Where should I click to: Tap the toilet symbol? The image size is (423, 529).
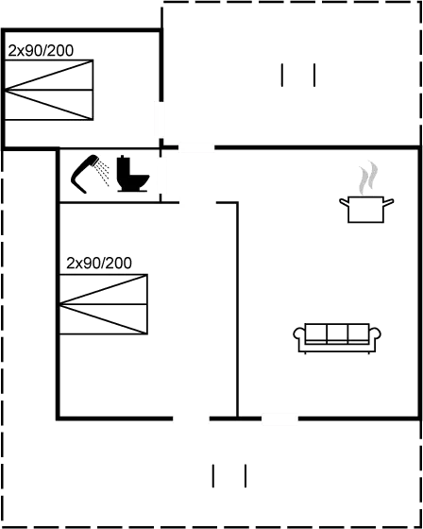click(132, 174)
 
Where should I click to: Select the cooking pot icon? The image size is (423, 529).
click(366, 209)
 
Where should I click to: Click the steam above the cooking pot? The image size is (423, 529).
click(368, 178)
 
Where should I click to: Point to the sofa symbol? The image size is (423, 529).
click(337, 338)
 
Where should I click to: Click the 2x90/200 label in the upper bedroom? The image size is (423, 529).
click(41, 51)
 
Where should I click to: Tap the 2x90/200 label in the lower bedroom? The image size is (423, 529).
click(99, 264)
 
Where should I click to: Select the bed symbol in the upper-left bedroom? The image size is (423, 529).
click(49, 90)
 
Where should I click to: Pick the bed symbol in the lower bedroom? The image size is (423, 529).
click(104, 304)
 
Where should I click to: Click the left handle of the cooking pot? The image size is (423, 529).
click(344, 202)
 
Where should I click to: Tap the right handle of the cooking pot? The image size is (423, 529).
click(389, 202)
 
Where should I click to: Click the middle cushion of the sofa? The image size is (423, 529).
click(337, 333)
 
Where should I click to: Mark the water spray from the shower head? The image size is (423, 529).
click(103, 173)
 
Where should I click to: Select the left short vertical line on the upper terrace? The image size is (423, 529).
click(282, 75)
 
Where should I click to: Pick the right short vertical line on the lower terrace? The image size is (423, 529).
click(245, 476)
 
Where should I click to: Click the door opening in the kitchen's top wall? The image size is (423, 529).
click(196, 147)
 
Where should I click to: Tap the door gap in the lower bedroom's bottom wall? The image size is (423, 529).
click(192, 418)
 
